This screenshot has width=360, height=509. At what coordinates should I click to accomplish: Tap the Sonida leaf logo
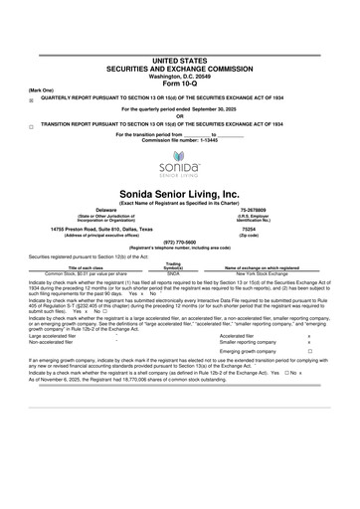[x=180, y=161]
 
